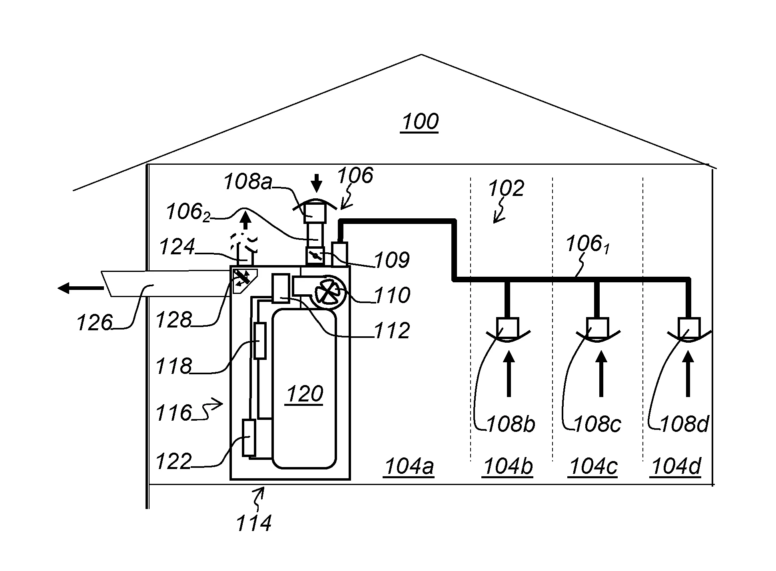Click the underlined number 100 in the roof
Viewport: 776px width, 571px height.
420,122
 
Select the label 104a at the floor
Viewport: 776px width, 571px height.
408,467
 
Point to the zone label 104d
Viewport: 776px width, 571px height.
676,467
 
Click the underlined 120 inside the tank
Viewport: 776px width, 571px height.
304,394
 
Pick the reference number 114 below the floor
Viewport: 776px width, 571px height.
254,523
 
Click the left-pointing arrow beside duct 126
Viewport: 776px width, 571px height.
80,287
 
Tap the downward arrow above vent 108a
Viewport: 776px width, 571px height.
317,184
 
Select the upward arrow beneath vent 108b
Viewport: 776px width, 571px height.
509,373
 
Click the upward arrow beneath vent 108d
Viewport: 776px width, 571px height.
688,373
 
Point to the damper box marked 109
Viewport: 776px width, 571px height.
315,256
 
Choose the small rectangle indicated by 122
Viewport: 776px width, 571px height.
249,437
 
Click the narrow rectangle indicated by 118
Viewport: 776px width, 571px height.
260,341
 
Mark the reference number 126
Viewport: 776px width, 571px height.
95,322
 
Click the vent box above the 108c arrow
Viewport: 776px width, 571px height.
598,327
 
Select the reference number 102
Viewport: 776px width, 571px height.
506,188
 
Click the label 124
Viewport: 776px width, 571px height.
177,247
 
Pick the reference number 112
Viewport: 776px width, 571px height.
392,331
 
